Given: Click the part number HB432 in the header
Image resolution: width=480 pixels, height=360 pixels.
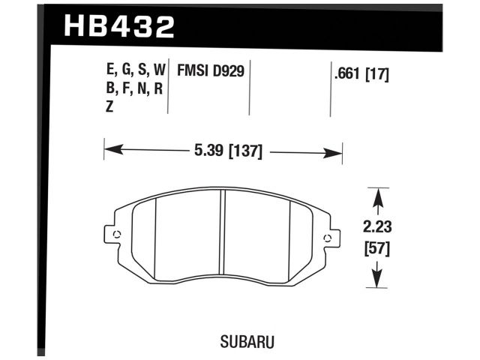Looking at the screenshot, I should (119, 27).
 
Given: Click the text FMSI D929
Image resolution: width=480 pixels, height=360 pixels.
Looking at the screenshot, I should (212, 72).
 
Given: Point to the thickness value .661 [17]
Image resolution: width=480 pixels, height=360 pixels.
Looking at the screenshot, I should (359, 73).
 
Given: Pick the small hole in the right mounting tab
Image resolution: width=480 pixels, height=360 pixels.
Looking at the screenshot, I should (326, 238).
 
